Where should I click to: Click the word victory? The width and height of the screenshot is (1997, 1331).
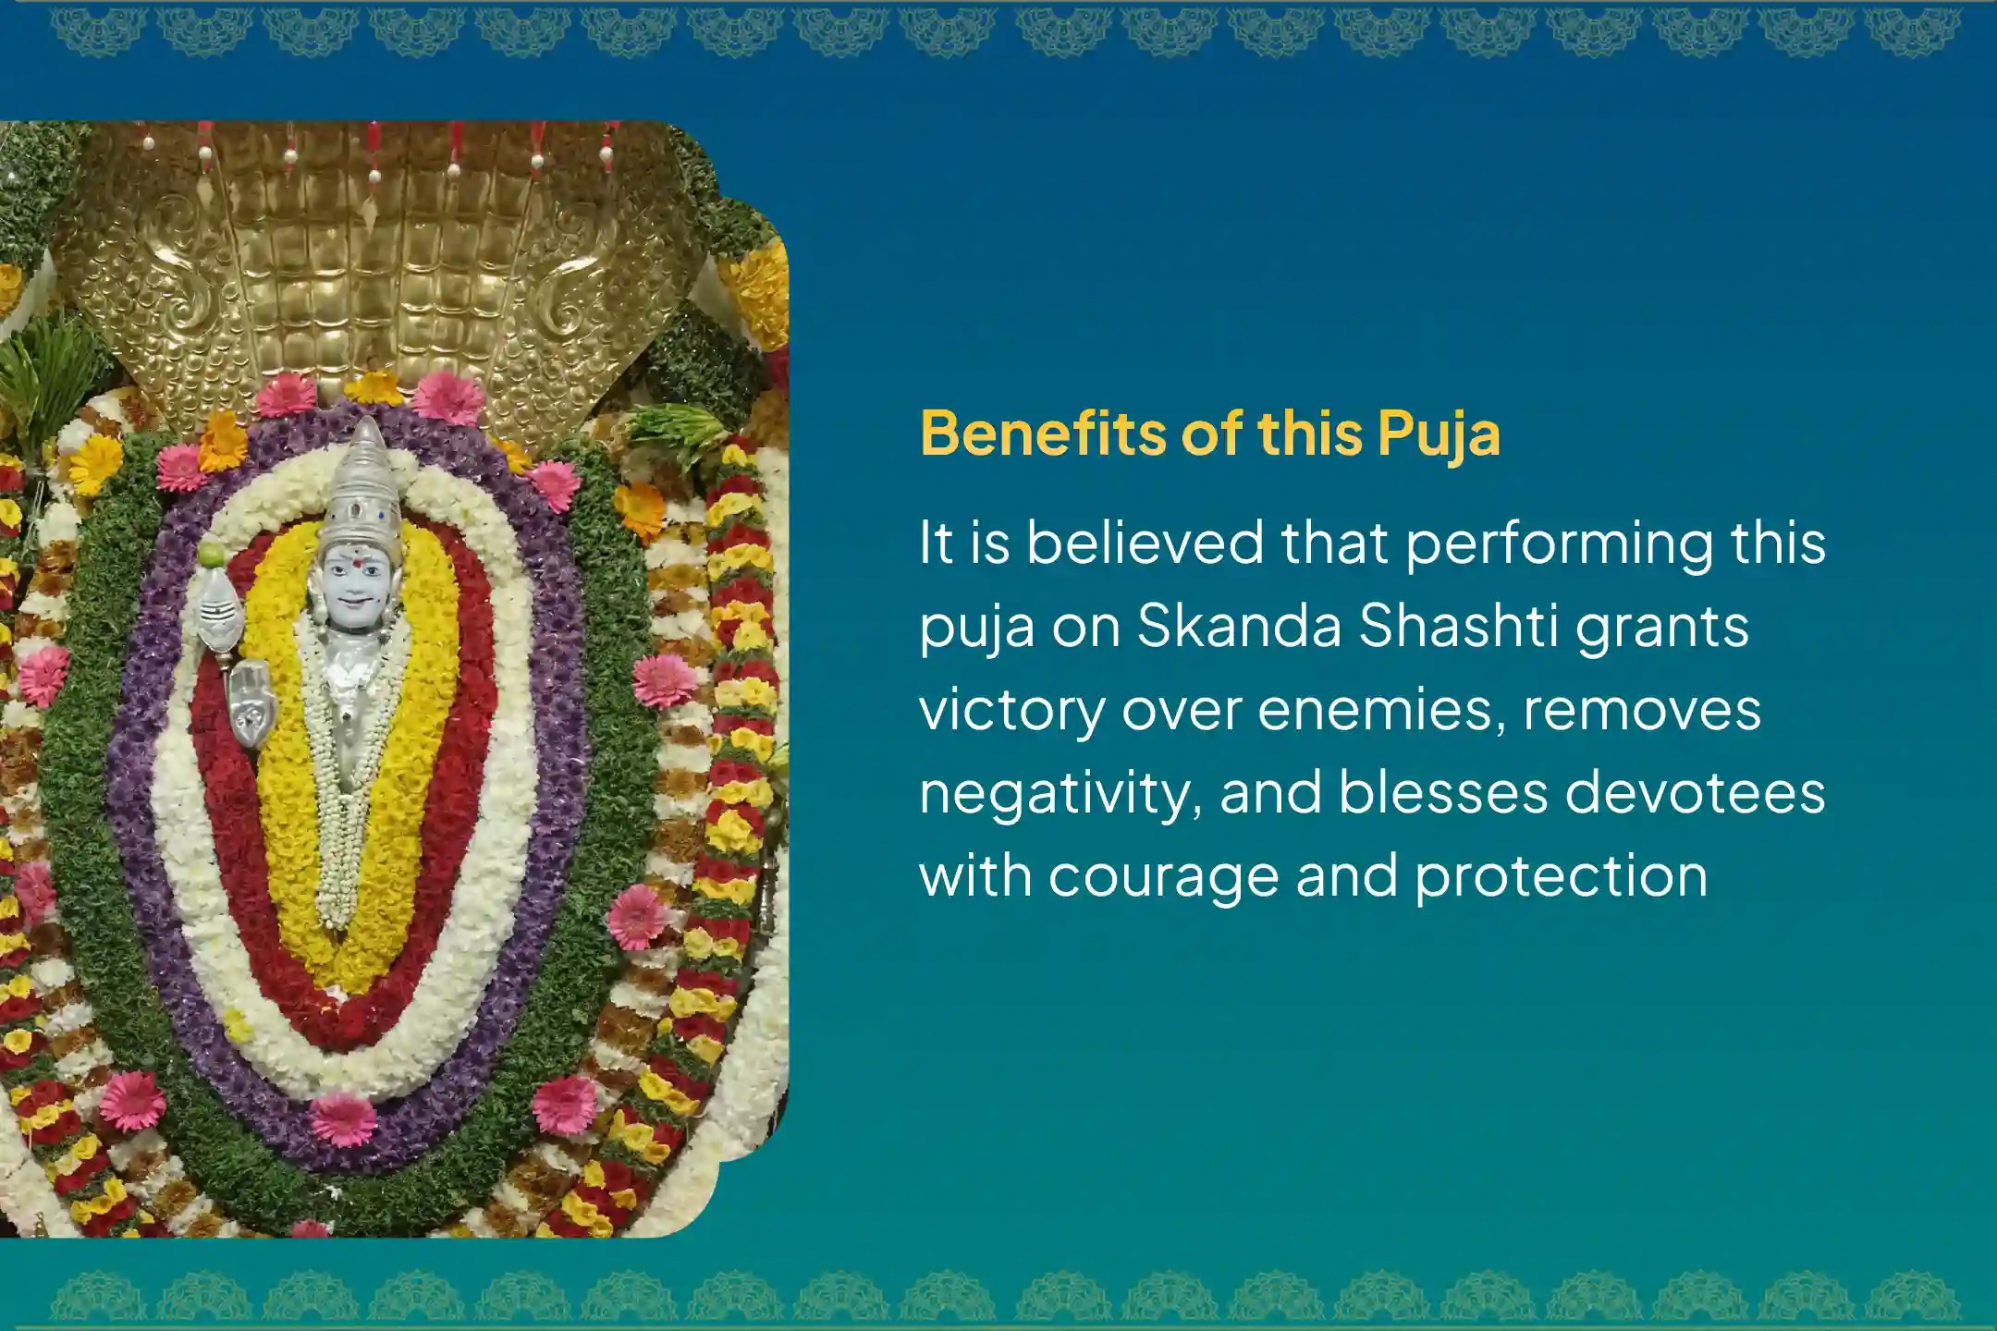[x=1011, y=711]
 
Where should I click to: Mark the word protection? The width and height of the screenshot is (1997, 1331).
[x=1562, y=875]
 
